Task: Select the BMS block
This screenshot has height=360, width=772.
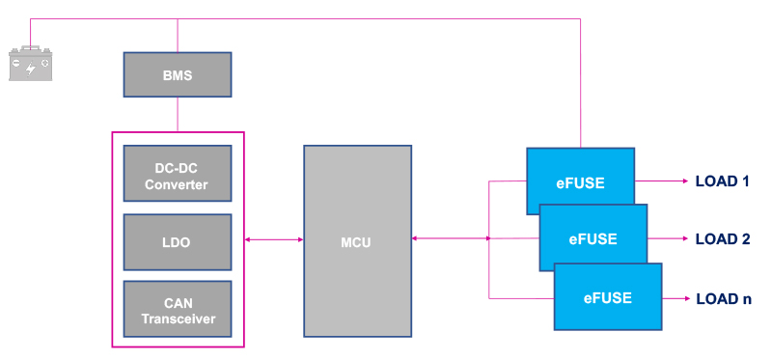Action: pos(178,74)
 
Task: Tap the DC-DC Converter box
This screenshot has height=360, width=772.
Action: pos(178,173)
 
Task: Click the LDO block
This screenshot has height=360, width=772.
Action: pos(178,241)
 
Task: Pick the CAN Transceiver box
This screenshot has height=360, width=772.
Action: pos(178,309)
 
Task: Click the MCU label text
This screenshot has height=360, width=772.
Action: pos(357,241)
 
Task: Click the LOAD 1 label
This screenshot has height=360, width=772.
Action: pos(722,180)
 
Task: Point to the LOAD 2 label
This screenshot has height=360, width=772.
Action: pos(722,239)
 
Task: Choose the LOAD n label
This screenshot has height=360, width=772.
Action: pos(723,298)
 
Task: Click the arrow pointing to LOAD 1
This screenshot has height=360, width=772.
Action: pos(660,180)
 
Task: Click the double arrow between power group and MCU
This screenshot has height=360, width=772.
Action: pos(274,239)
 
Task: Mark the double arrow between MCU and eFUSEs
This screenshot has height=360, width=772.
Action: pos(451,239)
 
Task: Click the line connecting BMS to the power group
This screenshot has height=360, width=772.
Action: pos(178,114)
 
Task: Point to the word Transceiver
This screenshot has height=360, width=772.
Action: pos(178,318)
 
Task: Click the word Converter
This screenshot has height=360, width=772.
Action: pos(178,183)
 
